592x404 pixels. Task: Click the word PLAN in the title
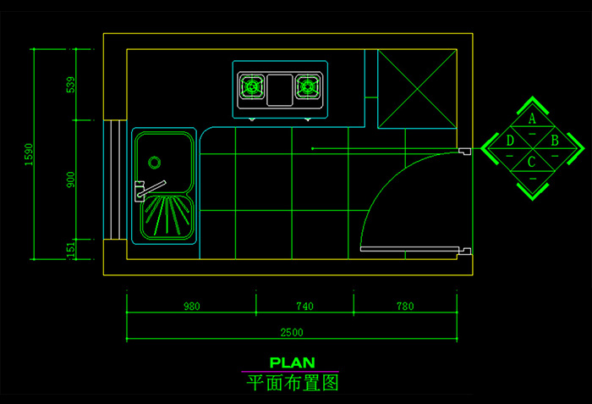(292, 362)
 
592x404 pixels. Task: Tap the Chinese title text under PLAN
(292, 383)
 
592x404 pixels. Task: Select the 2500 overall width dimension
(292, 331)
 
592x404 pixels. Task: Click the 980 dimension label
(191, 307)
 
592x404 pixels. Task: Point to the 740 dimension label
(304, 307)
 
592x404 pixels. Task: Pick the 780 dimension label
(405, 307)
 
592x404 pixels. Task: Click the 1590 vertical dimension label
(29, 154)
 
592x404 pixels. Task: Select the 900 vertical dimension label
(71, 179)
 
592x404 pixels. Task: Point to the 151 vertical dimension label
(71, 248)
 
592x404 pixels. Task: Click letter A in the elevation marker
(532, 119)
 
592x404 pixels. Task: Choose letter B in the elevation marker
(554, 141)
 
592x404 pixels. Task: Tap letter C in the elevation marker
(532, 161)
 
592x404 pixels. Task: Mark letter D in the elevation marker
(510, 141)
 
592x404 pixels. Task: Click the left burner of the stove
(252, 86)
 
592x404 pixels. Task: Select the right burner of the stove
(307, 86)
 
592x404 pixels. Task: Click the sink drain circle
(155, 162)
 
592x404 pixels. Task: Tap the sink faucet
(149, 188)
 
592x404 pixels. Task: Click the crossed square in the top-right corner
(416, 89)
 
